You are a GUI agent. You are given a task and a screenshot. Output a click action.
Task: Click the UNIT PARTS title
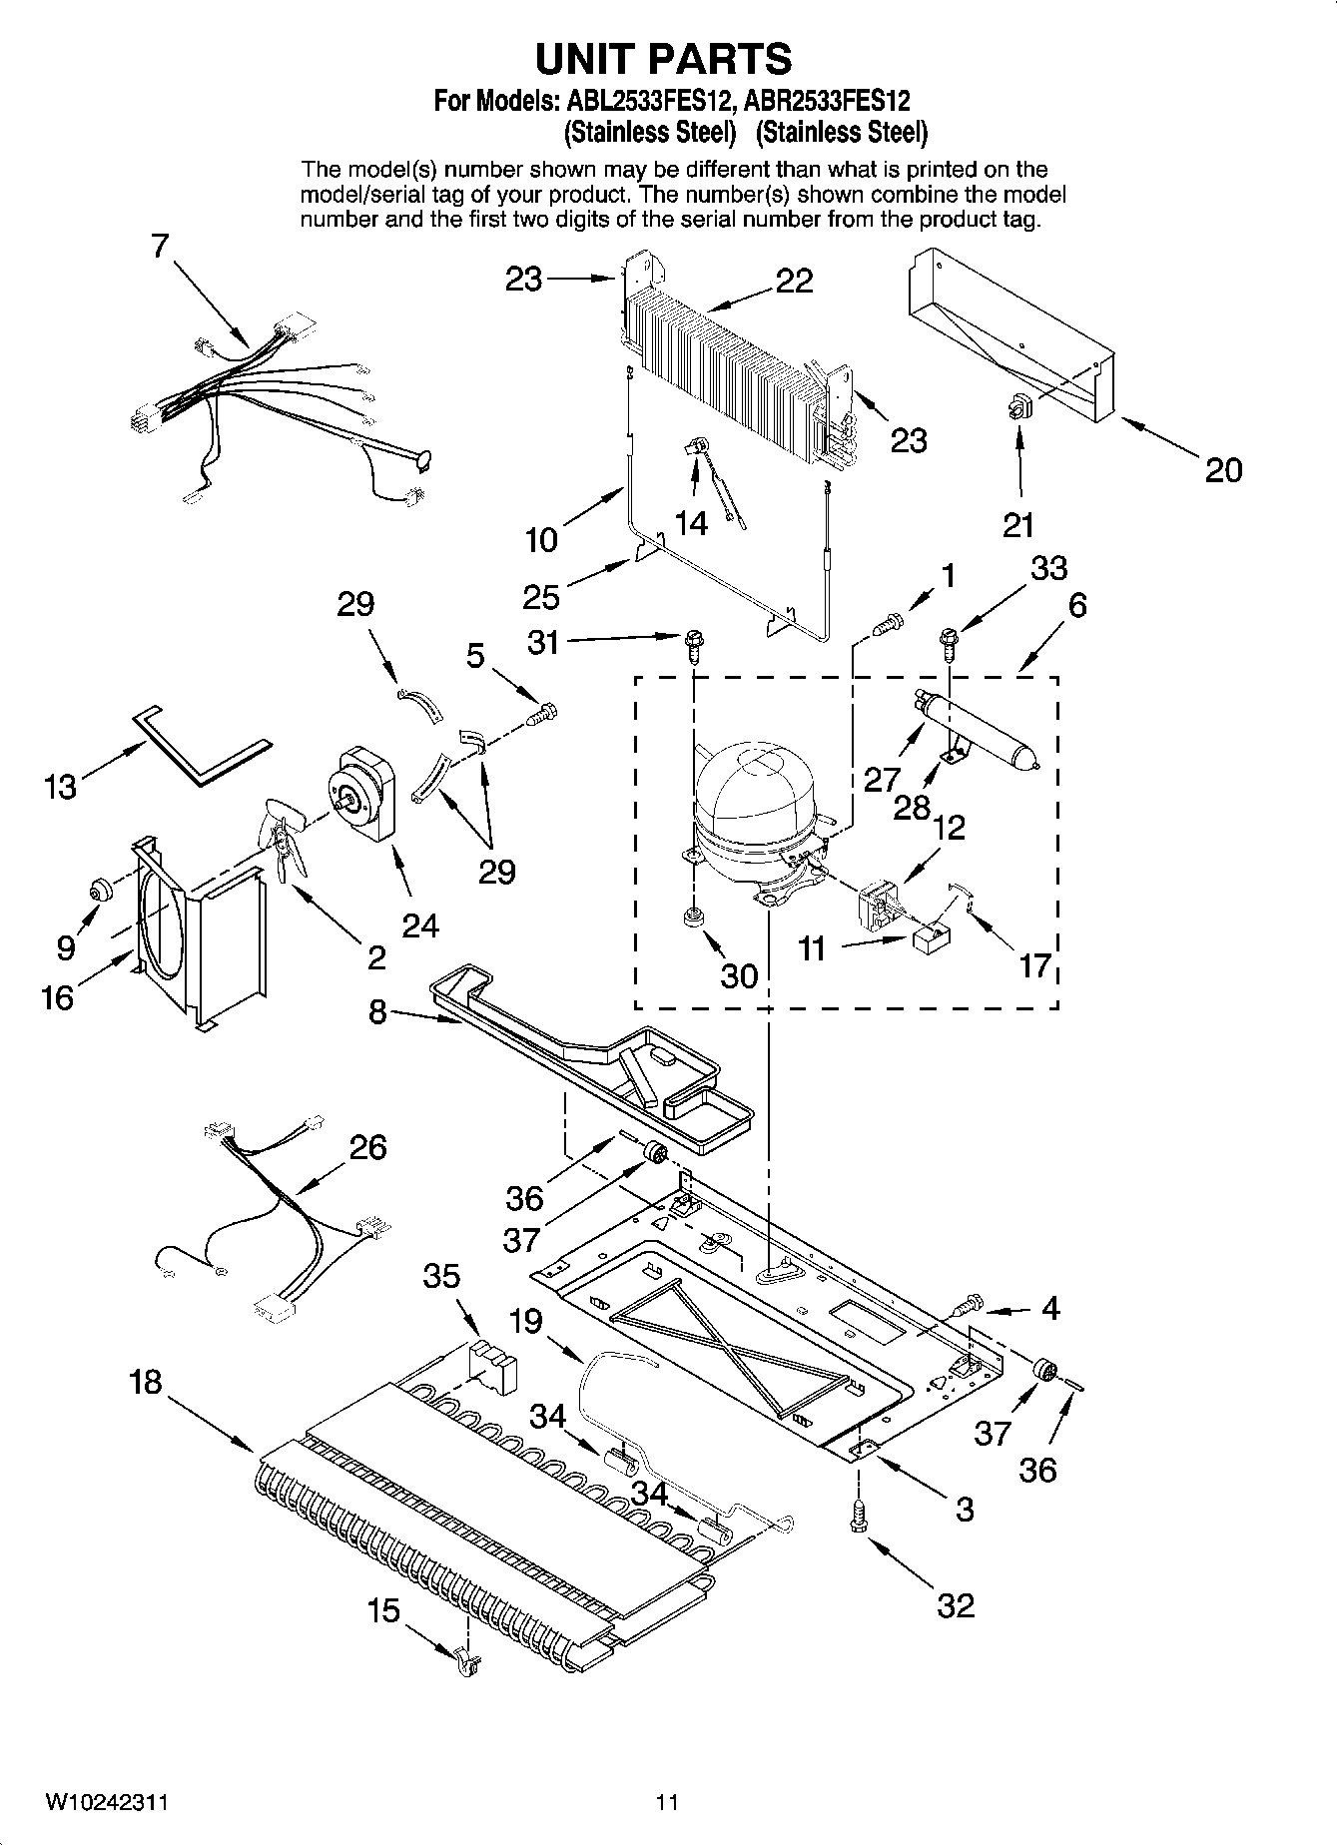point(664,60)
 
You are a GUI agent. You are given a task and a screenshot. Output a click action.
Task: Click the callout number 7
point(161,246)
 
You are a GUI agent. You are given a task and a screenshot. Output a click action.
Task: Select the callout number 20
point(1223,469)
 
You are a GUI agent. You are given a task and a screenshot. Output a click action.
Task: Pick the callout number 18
point(145,1383)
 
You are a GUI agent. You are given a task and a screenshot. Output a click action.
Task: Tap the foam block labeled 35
point(494,1362)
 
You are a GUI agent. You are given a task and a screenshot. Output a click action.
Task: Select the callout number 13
point(61,787)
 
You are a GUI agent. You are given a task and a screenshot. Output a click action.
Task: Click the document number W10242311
point(106,1803)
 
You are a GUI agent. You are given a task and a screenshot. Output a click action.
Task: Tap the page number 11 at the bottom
point(667,1803)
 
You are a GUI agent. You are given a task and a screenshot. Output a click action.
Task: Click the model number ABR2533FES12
point(827,101)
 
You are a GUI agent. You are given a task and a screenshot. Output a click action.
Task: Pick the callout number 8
point(377,1011)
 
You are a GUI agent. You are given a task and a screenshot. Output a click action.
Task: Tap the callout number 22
point(795,283)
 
